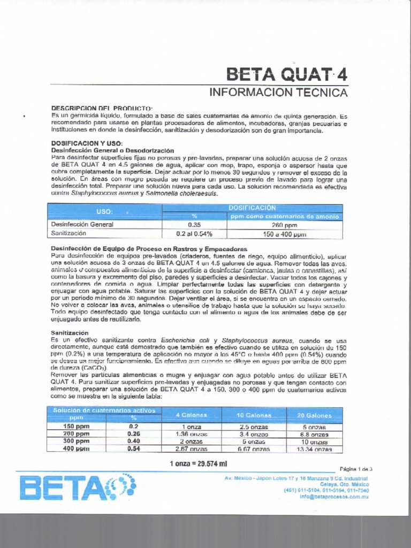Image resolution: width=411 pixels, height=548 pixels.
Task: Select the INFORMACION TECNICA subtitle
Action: pyautogui.click(x=278, y=92)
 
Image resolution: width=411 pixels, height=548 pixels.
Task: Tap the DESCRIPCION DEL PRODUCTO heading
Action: pyautogui.click(x=95, y=108)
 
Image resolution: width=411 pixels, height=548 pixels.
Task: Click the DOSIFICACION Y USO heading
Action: pyautogui.click(x=87, y=143)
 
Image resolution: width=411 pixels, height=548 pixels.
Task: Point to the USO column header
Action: pyautogui.click(x=105, y=212)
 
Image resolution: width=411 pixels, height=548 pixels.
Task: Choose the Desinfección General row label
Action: pyautogui.click(x=82, y=225)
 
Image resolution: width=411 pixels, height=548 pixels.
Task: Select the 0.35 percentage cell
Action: pyautogui.click(x=194, y=225)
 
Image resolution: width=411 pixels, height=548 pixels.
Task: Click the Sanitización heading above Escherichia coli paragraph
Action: pyautogui.click(x=70, y=332)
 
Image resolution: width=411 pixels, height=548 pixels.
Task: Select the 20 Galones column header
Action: pyautogui.click(x=315, y=415)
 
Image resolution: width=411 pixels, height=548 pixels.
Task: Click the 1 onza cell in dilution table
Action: pyautogui.click(x=191, y=427)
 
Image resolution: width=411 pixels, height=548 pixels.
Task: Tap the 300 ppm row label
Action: pyautogui.click(x=76, y=442)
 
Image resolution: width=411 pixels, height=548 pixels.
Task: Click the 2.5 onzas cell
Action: pyautogui.click(x=253, y=427)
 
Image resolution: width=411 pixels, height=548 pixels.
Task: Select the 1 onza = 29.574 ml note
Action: pyautogui.click(x=199, y=463)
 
